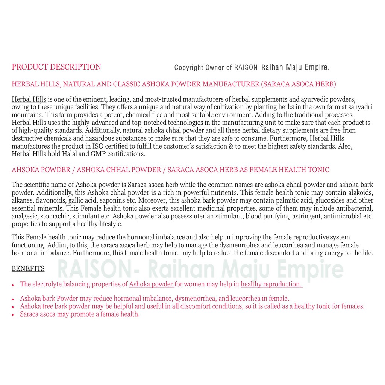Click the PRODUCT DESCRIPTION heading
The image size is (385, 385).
tap(56, 67)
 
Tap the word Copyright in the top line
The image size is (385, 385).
tap(188, 68)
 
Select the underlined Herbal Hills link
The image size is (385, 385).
tap(29, 99)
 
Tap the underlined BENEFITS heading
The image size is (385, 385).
tap(28, 268)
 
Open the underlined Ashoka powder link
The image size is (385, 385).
tap(151, 284)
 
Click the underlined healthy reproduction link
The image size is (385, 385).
tap(271, 284)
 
